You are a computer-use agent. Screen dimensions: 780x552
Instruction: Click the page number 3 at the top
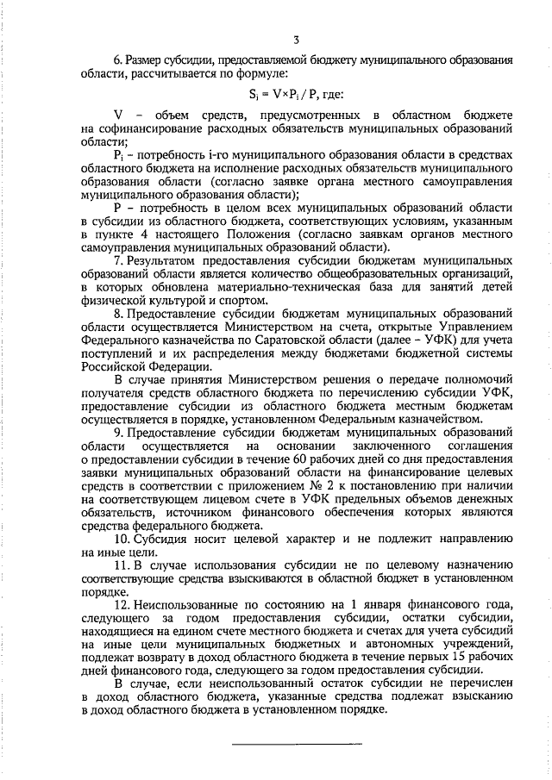tap(296, 40)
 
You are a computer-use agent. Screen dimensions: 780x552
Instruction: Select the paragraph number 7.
tap(118, 260)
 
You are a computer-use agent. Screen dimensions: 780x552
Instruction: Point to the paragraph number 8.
tap(118, 315)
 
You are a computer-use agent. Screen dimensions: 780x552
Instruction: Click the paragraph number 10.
tap(122, 539)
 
